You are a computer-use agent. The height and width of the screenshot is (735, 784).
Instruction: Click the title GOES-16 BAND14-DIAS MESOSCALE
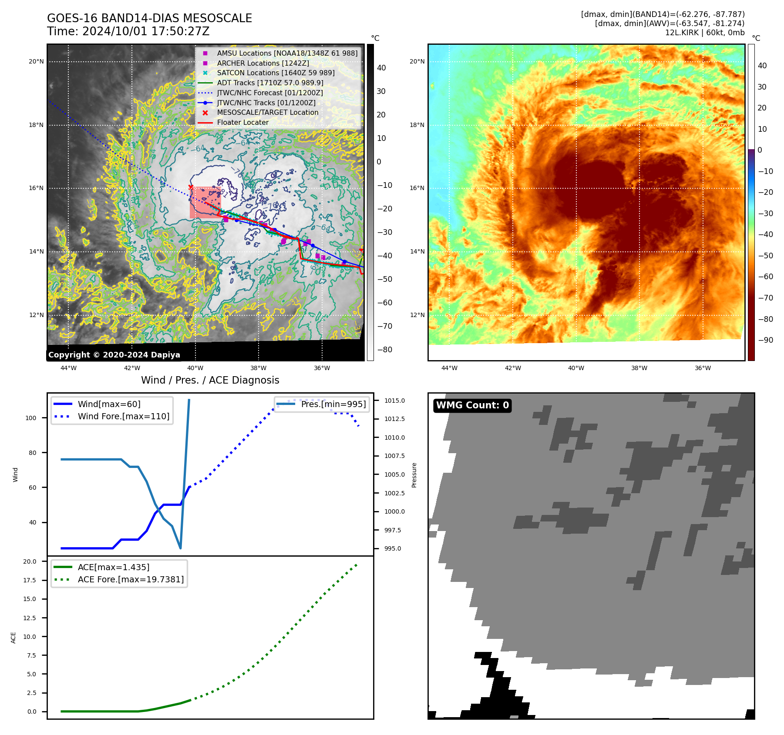pos(149,18)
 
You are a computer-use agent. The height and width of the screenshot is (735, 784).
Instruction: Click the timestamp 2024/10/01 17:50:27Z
pos(146,32)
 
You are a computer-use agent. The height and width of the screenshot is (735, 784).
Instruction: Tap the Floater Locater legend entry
pos(242,123)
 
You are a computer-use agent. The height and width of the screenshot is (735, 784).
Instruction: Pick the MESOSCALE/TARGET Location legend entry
pos(267,113)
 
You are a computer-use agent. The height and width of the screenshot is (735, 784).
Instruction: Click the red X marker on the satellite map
pos(191,187)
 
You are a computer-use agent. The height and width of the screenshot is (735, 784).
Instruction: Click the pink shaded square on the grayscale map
pos(205,203)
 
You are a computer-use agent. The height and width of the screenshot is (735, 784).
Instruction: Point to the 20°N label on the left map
pos(36,62)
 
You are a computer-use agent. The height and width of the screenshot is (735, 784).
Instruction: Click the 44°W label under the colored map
pos(449,368)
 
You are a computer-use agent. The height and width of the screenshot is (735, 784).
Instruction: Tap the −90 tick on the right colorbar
pos(766,340)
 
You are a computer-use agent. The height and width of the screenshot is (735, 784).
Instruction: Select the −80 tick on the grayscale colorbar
pos(385,350)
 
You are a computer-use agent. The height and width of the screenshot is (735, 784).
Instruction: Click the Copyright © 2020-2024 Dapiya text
pos(114,355)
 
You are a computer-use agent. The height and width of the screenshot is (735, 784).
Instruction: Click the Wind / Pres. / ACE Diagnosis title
pos(210,380)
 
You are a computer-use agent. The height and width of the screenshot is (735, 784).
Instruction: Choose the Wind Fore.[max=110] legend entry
pos(123,416)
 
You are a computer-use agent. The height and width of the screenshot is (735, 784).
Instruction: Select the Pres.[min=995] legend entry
pos(333,404)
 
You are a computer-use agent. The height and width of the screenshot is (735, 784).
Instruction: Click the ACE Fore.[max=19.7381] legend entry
pos(131,579)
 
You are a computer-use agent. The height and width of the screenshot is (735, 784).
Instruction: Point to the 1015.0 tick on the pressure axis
pos(394,401)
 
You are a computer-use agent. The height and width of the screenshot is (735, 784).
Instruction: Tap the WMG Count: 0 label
pos(472,405)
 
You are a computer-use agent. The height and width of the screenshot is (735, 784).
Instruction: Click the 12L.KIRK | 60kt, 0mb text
pos(704,33)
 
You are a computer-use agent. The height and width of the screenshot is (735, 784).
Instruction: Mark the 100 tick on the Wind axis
pos(31,418)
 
